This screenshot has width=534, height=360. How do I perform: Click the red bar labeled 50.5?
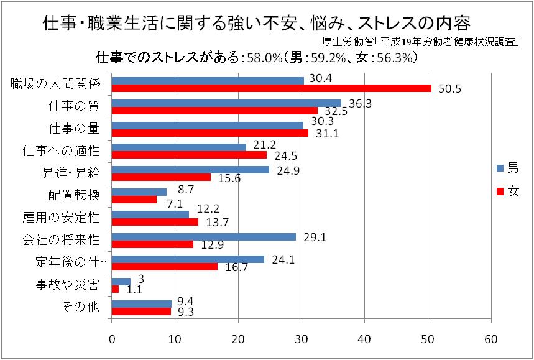click(271, 88)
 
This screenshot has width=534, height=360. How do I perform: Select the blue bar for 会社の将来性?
click(203, 236)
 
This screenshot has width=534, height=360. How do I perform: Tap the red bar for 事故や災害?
click(115, 289)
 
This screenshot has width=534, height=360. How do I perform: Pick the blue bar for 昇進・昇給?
click(190, 169)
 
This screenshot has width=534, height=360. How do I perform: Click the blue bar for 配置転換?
click(139, 192)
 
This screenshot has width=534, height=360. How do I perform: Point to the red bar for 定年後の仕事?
click(164, 267)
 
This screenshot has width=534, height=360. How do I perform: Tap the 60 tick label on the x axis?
click(491, 339)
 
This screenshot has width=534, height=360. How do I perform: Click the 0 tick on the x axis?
click(112, 339)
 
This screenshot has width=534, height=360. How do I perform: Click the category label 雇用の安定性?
click(66, 218)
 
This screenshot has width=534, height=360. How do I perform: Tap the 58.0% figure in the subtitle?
click(261, 58)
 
